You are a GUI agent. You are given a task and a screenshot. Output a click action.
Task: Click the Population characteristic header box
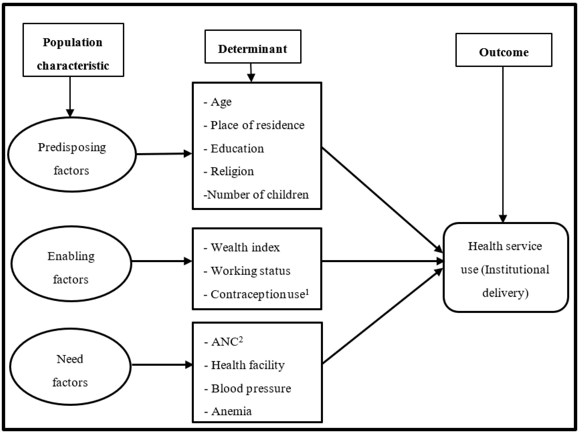point(73,50)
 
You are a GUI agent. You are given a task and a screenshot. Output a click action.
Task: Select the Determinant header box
point(253,47)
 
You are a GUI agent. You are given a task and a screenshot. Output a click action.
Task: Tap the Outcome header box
point(504,50)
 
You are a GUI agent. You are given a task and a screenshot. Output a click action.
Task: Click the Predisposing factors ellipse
point(72,155)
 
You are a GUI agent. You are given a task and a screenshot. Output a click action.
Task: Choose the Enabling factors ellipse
point(71,264)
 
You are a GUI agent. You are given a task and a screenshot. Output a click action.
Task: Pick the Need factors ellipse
point(70,367)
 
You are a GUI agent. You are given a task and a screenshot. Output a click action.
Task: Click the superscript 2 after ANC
point(241,339)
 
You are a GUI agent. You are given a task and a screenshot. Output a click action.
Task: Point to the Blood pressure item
point(251,388)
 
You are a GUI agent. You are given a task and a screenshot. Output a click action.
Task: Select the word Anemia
point(232,411)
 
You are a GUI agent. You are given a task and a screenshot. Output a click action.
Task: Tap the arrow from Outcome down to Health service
point(503,144)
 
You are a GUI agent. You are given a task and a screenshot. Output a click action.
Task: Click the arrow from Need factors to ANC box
point(162,365)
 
